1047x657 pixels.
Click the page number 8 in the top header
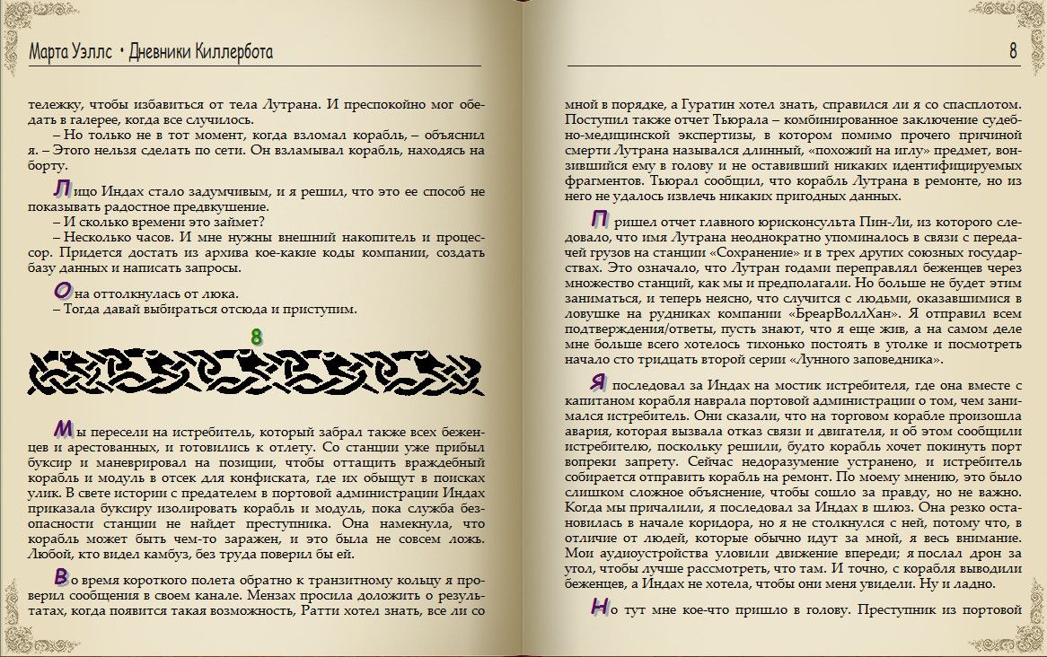[x=1013, y=51]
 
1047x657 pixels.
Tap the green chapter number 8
[x=256, y=337]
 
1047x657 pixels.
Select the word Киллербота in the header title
[x=233, y=52]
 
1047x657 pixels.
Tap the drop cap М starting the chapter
[x=63, y=426]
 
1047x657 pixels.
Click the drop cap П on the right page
[x=599, y=219]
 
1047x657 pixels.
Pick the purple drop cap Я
[x=599, y=382]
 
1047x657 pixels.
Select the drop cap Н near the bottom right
[x=599, y=608]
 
